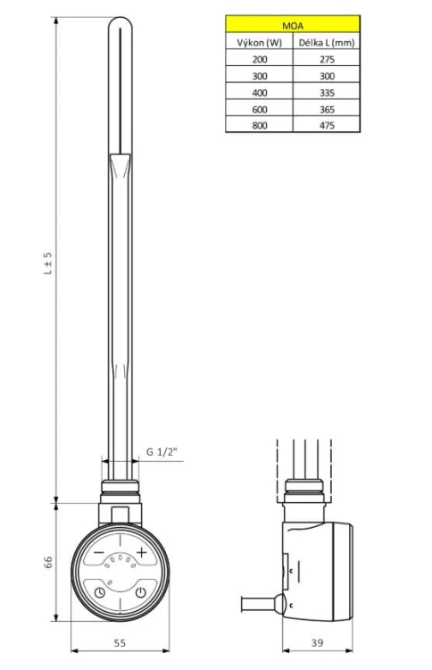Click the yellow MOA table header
(293, 25)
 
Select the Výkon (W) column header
(259, 42)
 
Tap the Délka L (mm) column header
(327, 42)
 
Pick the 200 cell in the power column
(259, 59)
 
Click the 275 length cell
(327, 59)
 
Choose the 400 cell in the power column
(259, 92)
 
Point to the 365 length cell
(327, 109)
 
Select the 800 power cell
(259, 125)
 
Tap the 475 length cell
(327, 125)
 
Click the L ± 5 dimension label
(48, 263)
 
